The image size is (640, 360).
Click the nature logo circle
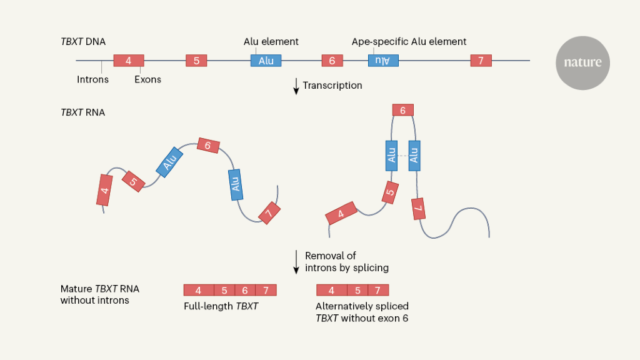[x=582, y=62]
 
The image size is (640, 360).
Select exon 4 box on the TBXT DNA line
[x=128, y=61]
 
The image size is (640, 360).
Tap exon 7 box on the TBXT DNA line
[x=481, y=61]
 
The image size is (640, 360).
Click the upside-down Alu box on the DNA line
[x=383, y=61]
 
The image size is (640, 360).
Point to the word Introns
[x=92, y=79]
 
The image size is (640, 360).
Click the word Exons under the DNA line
[x=147, y=79]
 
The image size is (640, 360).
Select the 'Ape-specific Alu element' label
[x=409, y=42]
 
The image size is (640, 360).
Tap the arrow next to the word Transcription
[x=296, y=86]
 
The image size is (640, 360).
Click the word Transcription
[x=332, y=86]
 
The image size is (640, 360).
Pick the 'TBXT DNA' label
[x=83, y=42]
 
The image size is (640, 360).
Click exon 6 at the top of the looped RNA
[x=402, y=110]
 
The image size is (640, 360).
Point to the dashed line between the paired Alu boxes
[x=402, y=155]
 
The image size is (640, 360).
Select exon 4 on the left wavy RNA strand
[x=104, y=189]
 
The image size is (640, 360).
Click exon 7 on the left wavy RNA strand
[x=269, y=212]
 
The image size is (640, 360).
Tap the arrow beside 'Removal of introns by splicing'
[x=296, y=262]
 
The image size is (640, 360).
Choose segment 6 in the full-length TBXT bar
[x=245, y=290]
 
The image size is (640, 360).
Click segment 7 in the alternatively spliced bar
[x=377, y=290]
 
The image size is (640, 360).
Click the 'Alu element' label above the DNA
[x=271, y=42]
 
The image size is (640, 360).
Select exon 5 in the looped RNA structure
[x=391, y=193]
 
